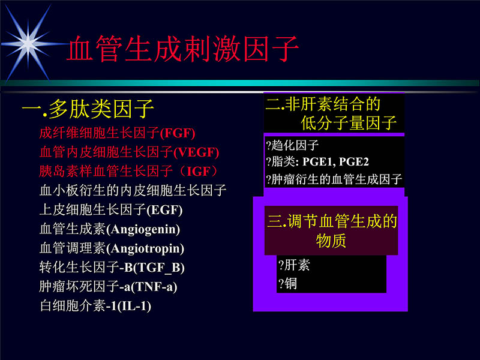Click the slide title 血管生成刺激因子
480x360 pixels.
tap(182, 50)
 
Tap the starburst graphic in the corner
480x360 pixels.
tap(28, 41)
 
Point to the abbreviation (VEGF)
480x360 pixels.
tap(197, 152)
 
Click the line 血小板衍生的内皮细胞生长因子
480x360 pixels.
tap(133, 191)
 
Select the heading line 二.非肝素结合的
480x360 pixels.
tap(323, 104)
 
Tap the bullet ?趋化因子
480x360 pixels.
tap(292, 145)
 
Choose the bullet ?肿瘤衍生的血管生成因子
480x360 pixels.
tap(334, 179)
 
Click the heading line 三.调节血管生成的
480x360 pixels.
tap(332, 222)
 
